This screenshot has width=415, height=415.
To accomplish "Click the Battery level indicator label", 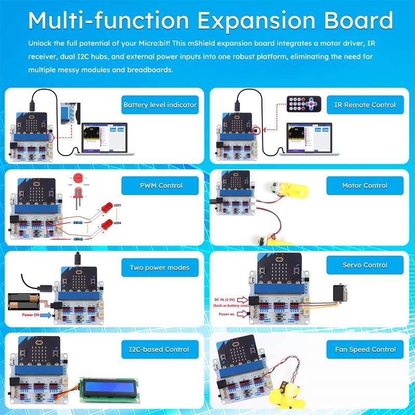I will (160, 105).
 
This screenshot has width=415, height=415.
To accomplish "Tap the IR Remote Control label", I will (365, 105).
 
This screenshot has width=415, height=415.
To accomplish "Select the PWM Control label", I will (160, 185).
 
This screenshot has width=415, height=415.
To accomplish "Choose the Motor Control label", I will (365, 185).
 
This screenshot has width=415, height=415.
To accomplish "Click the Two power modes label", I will (159, 268).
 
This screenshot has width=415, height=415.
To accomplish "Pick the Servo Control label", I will (365, 265).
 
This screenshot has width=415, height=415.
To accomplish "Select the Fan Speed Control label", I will (365, 349).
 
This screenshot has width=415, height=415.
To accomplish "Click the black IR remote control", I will (303, 104).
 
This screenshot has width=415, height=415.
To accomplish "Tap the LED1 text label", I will (118, 206).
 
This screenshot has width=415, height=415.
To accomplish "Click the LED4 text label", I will (118, 223).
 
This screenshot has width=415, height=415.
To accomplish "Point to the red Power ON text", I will (31, 315).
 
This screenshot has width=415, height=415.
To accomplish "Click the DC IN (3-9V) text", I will (231, 300).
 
